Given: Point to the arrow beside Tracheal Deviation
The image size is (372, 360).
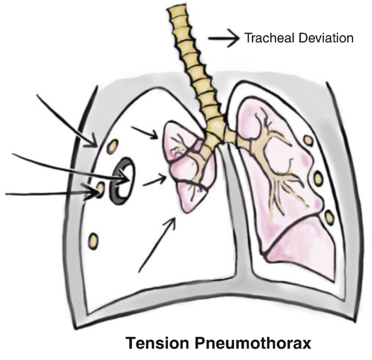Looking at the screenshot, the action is (224, 38).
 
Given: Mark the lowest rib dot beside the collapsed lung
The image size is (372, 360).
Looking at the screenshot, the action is (93, 239).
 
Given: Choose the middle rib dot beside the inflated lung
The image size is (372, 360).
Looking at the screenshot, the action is (319, 178).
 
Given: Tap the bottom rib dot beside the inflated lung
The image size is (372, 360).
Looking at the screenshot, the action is (329, 218).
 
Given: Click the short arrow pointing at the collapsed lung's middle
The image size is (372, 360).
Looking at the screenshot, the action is (154, 181).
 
